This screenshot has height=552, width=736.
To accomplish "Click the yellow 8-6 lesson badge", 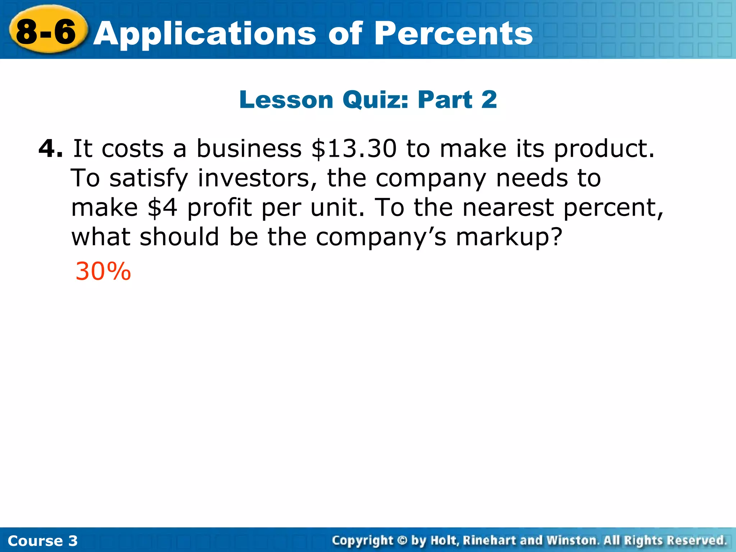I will point(47,32).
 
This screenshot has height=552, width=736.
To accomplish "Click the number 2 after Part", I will point(489,100).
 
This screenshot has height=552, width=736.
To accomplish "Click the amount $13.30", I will point(354,148).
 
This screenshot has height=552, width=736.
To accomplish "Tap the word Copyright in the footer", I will point(362,540).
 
